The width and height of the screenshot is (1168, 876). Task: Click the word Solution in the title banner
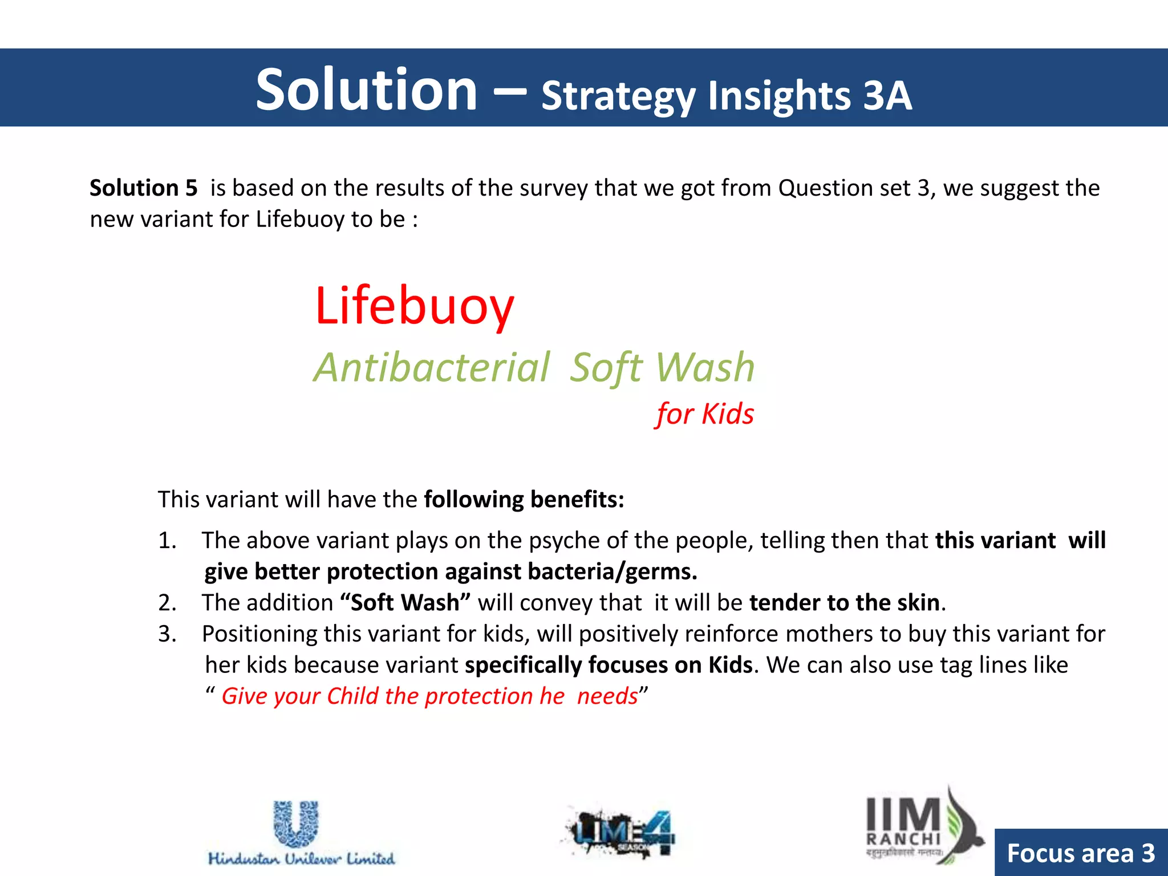[366, 90]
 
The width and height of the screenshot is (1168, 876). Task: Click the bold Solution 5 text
[143, 188]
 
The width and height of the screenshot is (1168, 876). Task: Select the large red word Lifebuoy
[415, 306]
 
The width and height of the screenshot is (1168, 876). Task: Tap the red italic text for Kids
[704, 413]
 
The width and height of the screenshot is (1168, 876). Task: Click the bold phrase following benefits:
[524, 499]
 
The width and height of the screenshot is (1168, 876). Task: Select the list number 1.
[167, 540]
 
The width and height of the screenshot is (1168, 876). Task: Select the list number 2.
[167, 602]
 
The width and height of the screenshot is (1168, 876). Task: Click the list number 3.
[167, 634]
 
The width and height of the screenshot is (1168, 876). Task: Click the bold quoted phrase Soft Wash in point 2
[405, 602]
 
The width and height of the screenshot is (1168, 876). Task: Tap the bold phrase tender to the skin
[844, 602]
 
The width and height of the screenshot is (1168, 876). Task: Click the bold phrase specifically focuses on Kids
[609, 665]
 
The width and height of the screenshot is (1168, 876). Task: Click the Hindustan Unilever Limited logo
[301, 833]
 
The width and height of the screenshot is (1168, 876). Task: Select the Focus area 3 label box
[1081, 853]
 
